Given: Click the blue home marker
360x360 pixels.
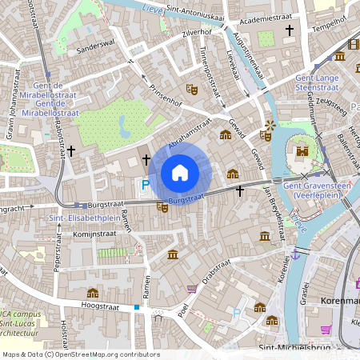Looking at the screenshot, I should click(x=180, y=172).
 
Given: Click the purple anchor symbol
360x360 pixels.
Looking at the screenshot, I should click(x=296, y=254).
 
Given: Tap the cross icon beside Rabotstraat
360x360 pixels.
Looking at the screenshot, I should click(x=71, y=150).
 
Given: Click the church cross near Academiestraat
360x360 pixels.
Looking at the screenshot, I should click(x=290, y=31).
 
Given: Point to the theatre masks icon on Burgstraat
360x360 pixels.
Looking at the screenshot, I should click(x=162, y=207).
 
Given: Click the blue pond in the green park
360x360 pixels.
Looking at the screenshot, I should click(x=123, y=125).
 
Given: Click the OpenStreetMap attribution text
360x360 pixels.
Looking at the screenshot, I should click(x=81, y=354).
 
